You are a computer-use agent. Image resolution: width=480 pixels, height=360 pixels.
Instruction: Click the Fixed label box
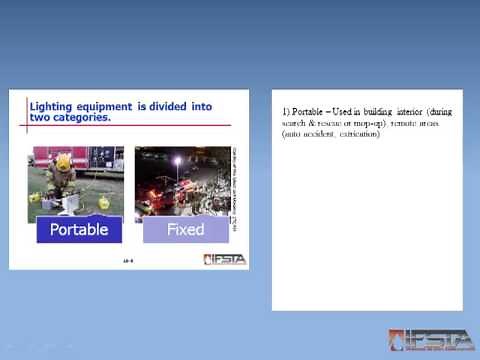point(185,229)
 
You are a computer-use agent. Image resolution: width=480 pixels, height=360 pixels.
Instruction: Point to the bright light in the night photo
point(178,160)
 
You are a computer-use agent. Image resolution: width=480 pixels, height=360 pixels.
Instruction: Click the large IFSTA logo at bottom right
point(431,340)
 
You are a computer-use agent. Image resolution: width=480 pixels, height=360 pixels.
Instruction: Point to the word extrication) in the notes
point(357,134)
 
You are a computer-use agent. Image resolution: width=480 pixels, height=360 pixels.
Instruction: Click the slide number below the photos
point(128,259)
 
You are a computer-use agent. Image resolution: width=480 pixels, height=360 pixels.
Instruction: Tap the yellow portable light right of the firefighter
point(104,202)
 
